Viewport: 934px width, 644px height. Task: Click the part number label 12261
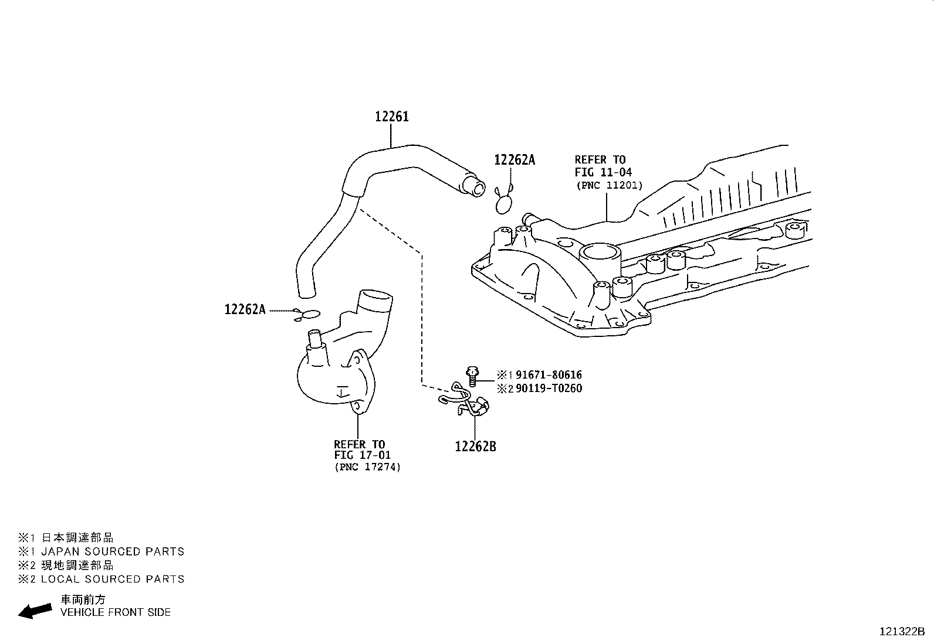point(392,117)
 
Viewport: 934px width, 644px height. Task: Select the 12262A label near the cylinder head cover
point(515,160)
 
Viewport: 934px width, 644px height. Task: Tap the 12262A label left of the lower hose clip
point(245,309)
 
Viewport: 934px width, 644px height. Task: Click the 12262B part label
point(475,447)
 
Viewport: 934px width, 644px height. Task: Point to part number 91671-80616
point(549,375)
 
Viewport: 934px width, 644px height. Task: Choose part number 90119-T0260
point(549,389)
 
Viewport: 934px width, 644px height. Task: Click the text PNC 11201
point(610,185)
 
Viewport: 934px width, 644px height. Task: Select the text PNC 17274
point(368,467)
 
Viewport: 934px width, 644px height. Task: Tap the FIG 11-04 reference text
point(603,172)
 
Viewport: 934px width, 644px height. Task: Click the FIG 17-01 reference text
point(362,455)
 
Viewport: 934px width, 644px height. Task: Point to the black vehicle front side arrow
point(35,611)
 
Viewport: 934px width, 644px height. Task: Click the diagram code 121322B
point(901,632)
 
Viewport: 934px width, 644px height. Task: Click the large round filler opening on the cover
point(599,253)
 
